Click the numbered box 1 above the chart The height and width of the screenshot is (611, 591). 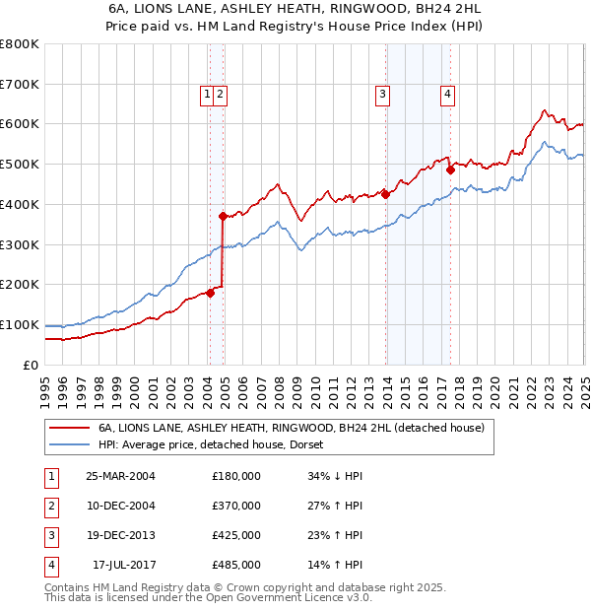[x=207, y=95]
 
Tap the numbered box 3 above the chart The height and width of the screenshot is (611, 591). [x=381, y=95]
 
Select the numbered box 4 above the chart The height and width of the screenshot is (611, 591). [x=447, y=95]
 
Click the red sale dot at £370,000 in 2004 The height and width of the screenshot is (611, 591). [x=223, y=216]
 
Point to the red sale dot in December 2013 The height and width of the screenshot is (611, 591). [x=386, y=194]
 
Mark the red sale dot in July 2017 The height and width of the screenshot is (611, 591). [x=450, y=170]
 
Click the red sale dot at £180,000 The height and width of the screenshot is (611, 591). [x=210, y=293]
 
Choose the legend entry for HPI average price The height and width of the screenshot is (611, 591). [x=218, y=445]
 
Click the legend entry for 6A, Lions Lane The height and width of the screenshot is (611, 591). [x=291, y=429]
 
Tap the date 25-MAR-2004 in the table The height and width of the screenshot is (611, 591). [x=121, y=476]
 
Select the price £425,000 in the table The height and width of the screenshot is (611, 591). [x=236, y=536]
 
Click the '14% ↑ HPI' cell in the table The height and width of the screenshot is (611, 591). [x=335, y=566]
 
